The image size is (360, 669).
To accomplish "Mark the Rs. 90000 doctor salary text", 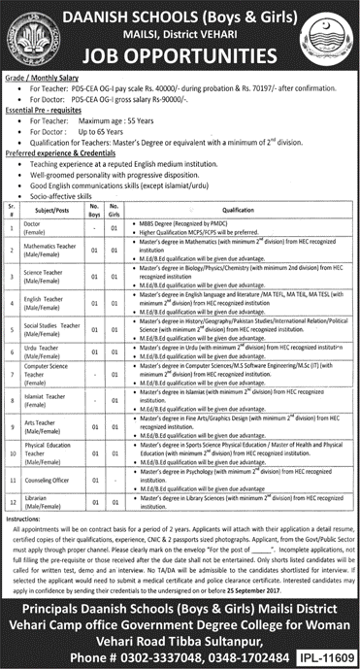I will (161, 94).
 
